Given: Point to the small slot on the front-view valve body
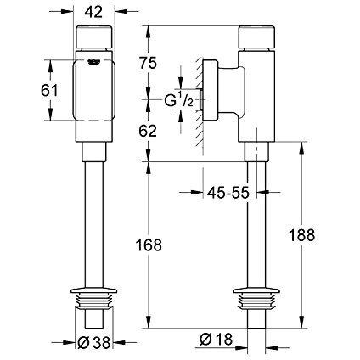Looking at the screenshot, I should tap(95, 60).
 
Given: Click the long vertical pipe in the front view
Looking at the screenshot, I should tap(95, 221).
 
